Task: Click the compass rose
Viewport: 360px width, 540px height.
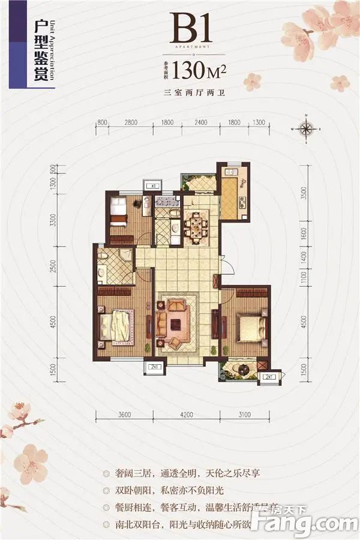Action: pos(305,129)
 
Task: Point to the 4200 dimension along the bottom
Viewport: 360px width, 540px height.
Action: pos(185,414)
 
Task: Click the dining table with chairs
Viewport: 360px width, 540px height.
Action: pos(194,227)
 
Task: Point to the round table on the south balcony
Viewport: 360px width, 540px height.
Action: pos(244,368)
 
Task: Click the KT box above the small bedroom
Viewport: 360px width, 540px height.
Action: pos(153,187)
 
